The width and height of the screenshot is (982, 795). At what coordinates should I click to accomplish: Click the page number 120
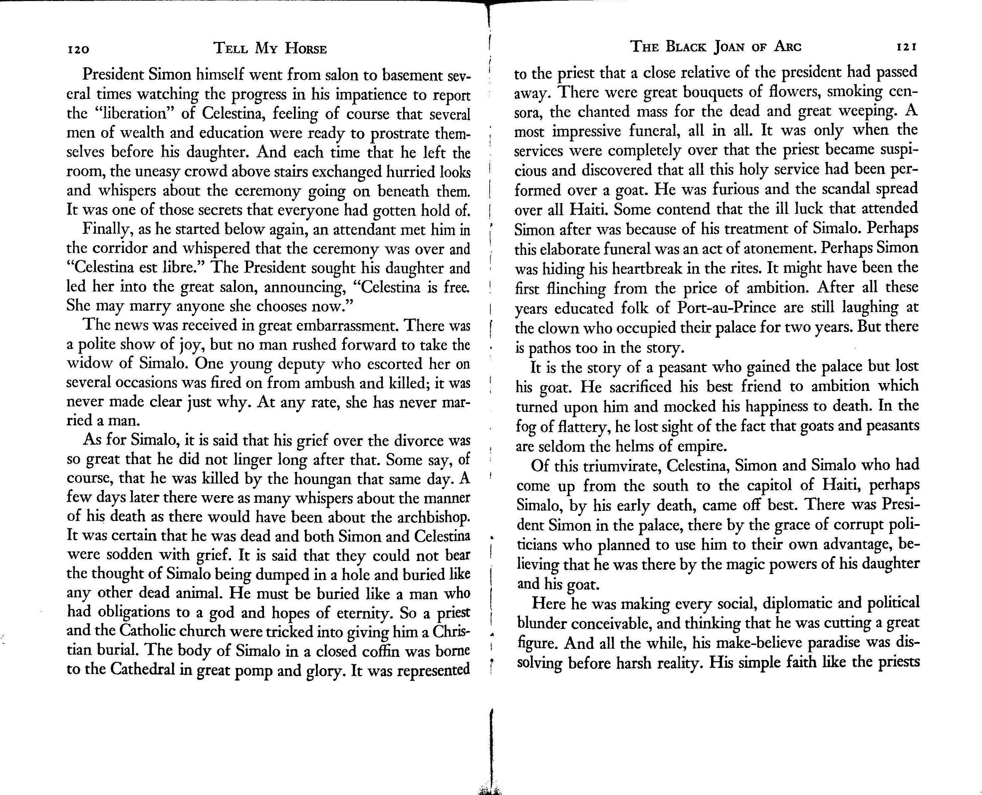(x=78, y=49)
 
